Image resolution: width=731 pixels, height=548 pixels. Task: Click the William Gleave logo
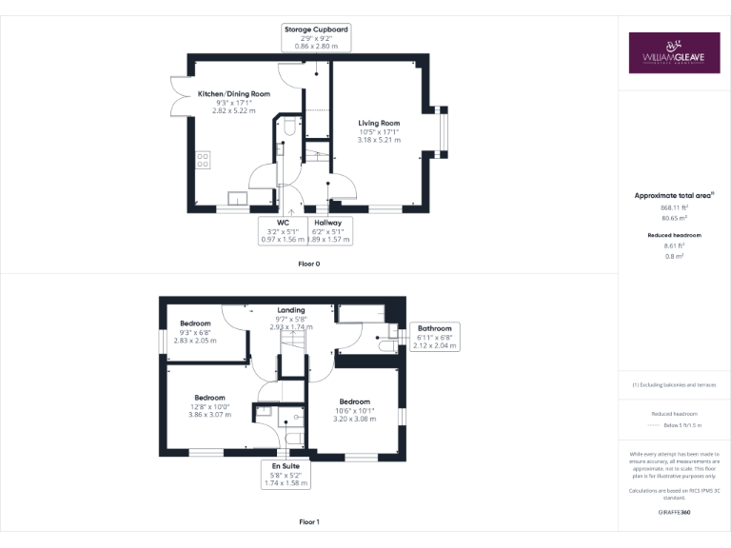coord(673,53)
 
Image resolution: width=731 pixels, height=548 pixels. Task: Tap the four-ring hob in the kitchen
coord(203,160)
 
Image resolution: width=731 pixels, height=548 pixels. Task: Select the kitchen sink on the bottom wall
coord(235,199)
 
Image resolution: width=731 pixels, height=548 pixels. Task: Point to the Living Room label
coord(379,123)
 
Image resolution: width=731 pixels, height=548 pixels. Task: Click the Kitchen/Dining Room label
coord(233,94)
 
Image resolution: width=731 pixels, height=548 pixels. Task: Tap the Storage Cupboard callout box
coord(316,38)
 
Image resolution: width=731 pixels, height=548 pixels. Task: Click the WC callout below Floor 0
coord(283,231)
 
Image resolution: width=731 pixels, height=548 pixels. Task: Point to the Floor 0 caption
coord(308,264)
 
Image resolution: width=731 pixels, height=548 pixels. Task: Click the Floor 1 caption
coord(308,522)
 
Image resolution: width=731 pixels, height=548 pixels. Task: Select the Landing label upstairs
coord(290,310)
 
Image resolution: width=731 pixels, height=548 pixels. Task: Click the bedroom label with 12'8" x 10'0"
coord(209,398)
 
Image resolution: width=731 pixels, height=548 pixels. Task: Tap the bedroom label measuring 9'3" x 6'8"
coord(195,323)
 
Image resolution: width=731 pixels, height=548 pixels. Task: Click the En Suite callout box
coord(283,474)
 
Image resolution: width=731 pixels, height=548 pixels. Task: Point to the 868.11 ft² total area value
coord(674,207)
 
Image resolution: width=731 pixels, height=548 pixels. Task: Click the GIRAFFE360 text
coord(674,512)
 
